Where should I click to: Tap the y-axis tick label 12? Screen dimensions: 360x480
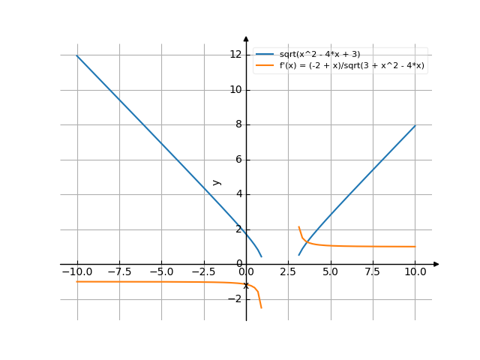235,54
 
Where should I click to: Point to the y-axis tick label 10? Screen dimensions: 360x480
235,89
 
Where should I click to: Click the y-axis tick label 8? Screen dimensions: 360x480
238,124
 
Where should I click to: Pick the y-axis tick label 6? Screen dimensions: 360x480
238,160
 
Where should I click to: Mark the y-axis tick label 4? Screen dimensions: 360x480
238,194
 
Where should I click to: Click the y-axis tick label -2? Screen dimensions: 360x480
235,299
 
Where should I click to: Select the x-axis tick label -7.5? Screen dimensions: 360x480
118,272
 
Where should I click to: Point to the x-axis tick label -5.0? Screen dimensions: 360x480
160,272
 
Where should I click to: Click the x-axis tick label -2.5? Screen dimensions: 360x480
202,272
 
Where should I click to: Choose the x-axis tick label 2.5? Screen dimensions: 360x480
289,272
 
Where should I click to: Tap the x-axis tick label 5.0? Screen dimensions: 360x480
331,272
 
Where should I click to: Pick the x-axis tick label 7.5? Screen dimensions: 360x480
373,272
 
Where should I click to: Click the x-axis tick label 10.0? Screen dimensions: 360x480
415,272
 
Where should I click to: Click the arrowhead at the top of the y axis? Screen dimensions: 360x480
246,38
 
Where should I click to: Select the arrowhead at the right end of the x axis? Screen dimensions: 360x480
436,264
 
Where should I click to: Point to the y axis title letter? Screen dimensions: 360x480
217,181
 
